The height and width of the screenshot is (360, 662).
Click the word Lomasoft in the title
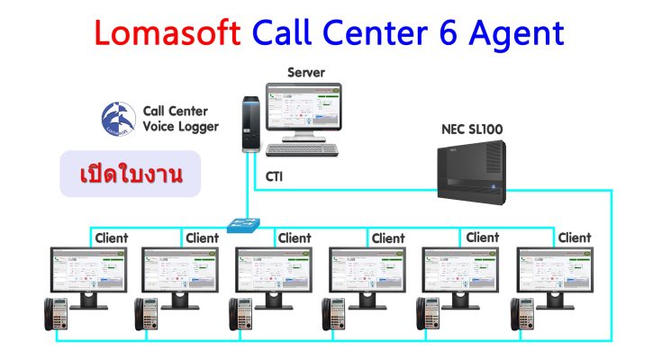168,32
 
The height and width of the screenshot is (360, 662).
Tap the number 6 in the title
448,32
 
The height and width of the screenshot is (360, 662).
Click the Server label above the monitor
306,72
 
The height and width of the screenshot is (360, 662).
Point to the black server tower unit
250,123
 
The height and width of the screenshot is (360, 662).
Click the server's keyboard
303,149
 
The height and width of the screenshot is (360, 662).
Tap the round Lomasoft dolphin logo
118,119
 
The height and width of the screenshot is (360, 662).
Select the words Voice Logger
181,127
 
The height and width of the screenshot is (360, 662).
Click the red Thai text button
131,174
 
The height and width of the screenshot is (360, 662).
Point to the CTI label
274,176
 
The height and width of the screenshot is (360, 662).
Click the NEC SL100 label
472,129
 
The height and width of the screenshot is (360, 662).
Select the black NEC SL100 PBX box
472,173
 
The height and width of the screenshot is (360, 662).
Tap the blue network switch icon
243,225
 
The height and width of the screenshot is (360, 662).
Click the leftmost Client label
112,238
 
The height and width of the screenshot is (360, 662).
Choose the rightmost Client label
575,238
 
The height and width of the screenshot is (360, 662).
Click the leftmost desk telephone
56,314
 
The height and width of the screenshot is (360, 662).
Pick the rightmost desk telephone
522,314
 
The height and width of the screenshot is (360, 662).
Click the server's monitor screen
304,106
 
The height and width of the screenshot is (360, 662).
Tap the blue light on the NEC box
494,186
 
